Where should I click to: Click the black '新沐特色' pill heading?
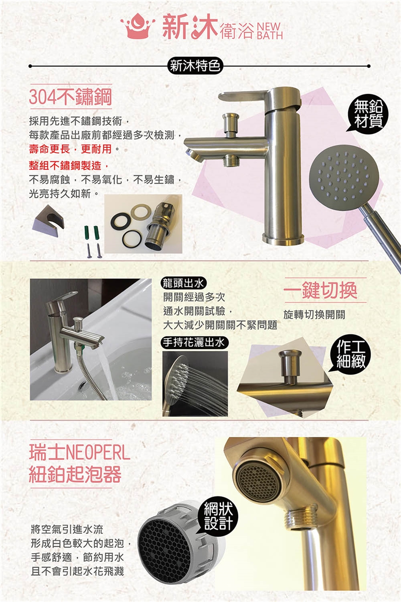195,66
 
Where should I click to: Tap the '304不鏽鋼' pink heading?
70,97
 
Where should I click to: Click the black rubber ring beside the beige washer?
120,221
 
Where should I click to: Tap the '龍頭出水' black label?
184,283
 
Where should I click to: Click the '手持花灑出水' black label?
195,342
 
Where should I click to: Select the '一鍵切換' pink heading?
320,290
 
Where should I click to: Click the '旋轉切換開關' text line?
314,314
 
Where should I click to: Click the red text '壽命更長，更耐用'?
70,149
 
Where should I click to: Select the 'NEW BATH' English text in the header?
269,31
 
